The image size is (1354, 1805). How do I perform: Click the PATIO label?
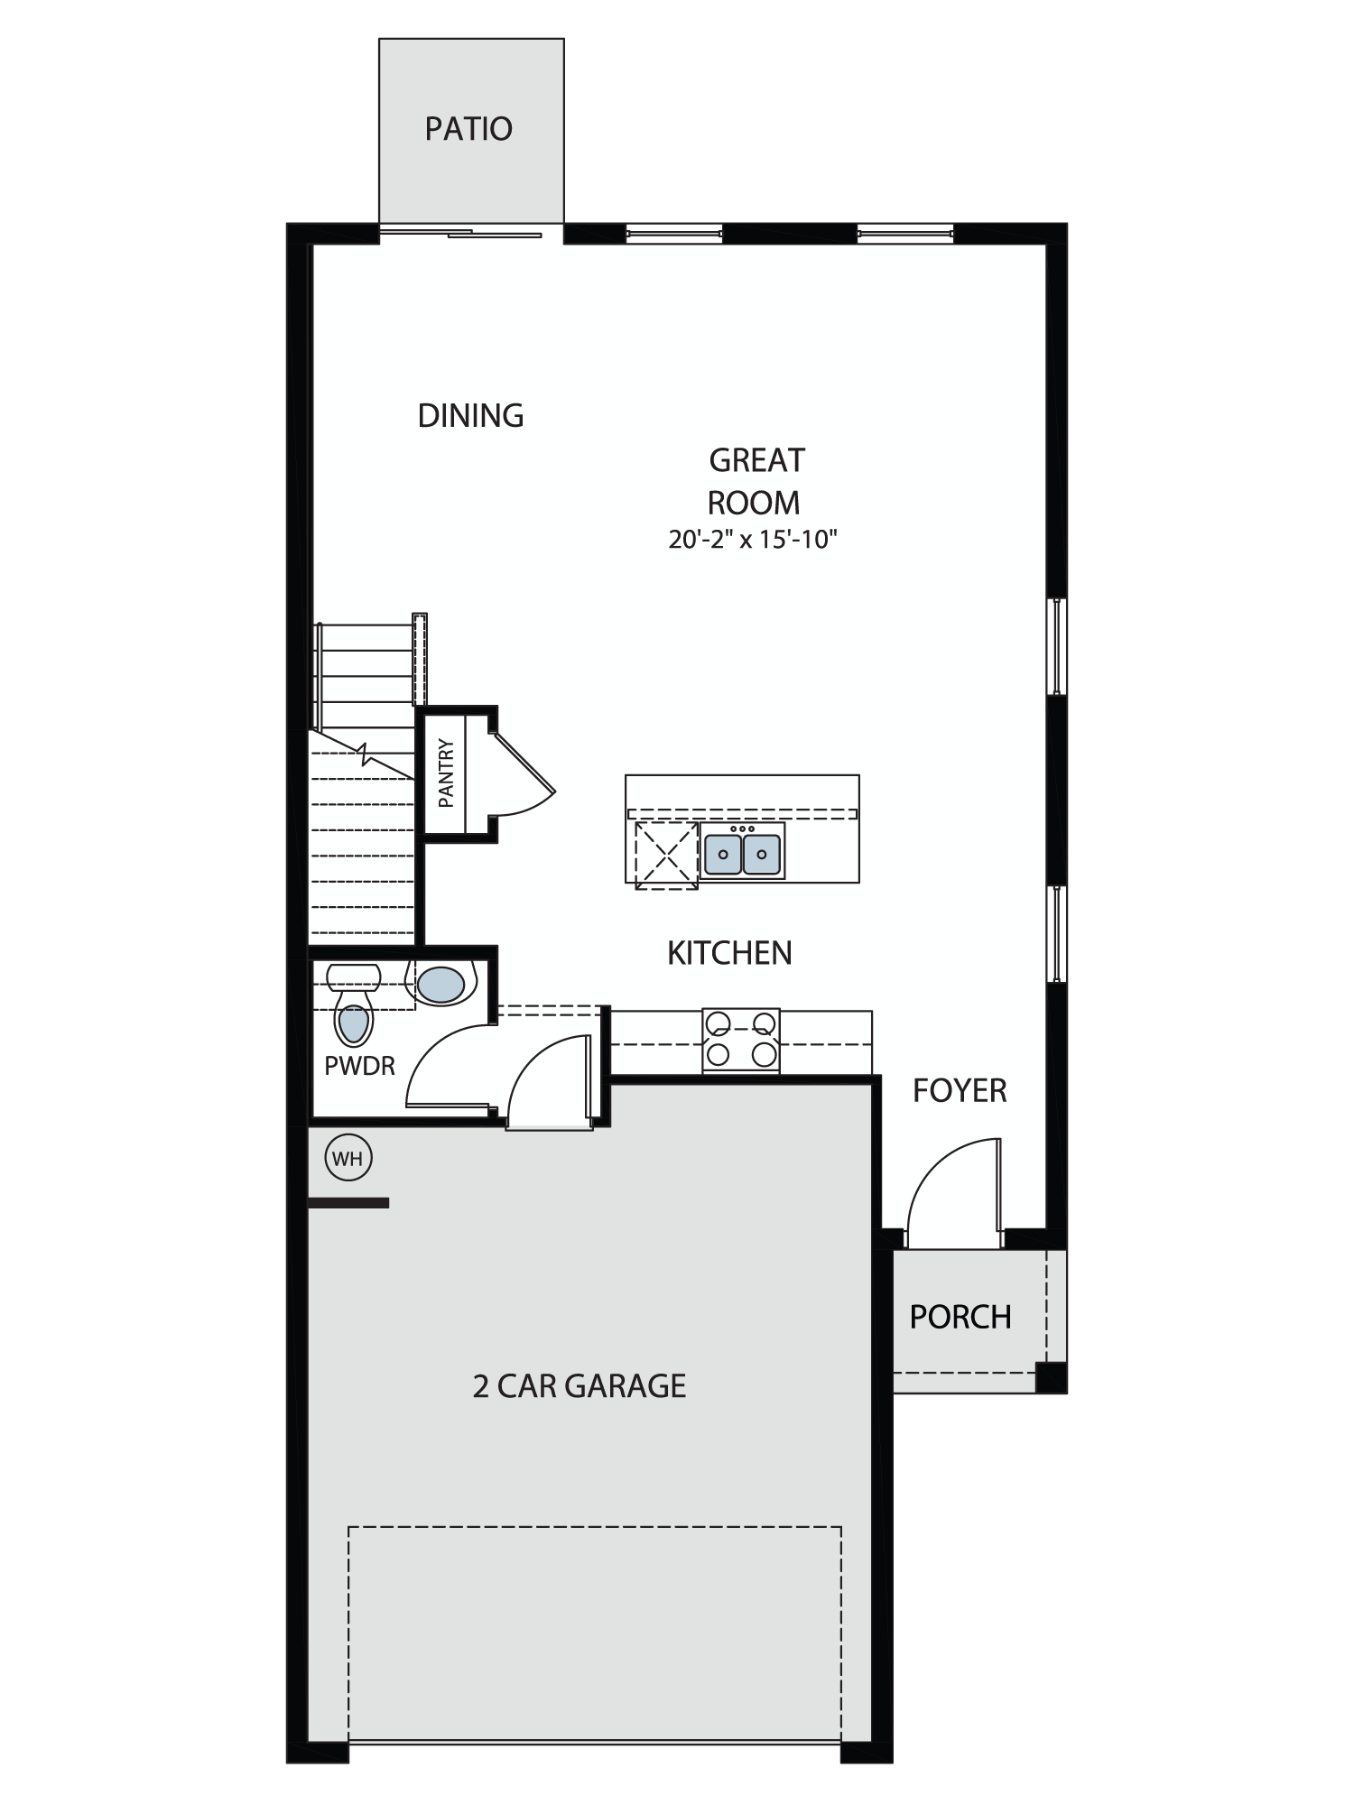coord(468,129)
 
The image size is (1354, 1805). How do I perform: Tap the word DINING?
coord(470,415)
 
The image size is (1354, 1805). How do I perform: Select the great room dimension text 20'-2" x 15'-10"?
coord(754,540)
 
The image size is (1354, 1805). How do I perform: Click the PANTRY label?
coord(446,773)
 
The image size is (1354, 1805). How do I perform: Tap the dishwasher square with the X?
coord(666,856)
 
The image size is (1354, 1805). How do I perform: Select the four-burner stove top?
coord(741,1041)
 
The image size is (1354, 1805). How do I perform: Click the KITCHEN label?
coord(729,953)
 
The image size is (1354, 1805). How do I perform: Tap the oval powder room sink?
coord(441,985)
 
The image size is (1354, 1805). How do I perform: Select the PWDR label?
coord(359,1066)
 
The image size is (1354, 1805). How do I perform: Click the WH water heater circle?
coord(348,1159)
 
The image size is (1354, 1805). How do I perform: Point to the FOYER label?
coord(960,1091)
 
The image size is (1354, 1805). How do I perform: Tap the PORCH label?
coord(960,1318)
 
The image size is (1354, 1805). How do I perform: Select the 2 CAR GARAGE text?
coord(580,1386)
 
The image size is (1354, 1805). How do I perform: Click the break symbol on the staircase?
coord(364,754)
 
